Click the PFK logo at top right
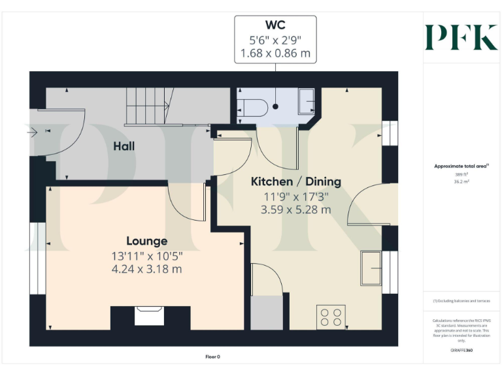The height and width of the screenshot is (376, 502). pyautogui.click(x=461, y=37)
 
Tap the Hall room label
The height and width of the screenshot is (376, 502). pyautogui.click(x=124, y=146)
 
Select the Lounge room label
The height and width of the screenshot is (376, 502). pyautogui.click(x=146, y=241)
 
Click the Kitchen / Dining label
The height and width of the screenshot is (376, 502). pyautogui.click(x=296, y=181)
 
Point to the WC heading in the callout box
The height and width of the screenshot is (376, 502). pyautogui.click(x=275, y=26)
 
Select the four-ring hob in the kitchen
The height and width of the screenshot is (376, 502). pyautogui.click(x=330, y=317)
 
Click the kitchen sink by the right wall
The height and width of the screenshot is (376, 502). pyautogui.click(x=372, y=268)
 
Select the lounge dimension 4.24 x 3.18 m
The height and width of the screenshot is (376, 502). pyautogui.click(x=146, y=268)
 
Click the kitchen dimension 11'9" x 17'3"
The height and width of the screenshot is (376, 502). pyautogui.click(x=296, y=196)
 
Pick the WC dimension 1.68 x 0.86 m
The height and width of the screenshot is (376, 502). pyautogui.click(x=275, y=53)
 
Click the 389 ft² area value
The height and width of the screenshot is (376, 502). pyautogui.click(x=462, y=175)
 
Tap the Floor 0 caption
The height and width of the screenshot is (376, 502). pyautogui.click(x=213, y=357)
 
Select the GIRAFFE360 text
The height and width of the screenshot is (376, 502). pyautogui.click(x=462, y=351)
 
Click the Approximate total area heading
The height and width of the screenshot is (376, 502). pyautogui.click(x=461, y=166)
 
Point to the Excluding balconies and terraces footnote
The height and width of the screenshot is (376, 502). pyautogui.click(x=461, y=301)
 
